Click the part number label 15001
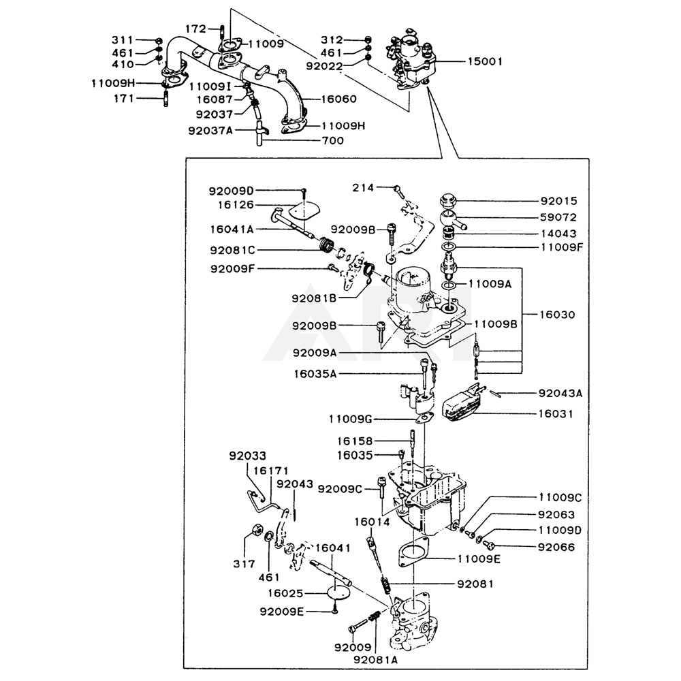click(x=485, y=61)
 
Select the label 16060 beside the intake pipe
click(x=338, y=99)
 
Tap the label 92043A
click(x=560, y=394)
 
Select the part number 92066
click(x=556, y=546)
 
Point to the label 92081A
click(x=376, y=659)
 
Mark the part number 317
click(x=243, y=564)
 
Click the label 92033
click(x=248, y=456)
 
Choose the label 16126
click(x=236, y=204)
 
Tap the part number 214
click(x=363, y=187)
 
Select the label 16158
click(x=355, y=441)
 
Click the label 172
click(x=195, y=29)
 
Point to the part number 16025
click(x=285, y=593)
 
